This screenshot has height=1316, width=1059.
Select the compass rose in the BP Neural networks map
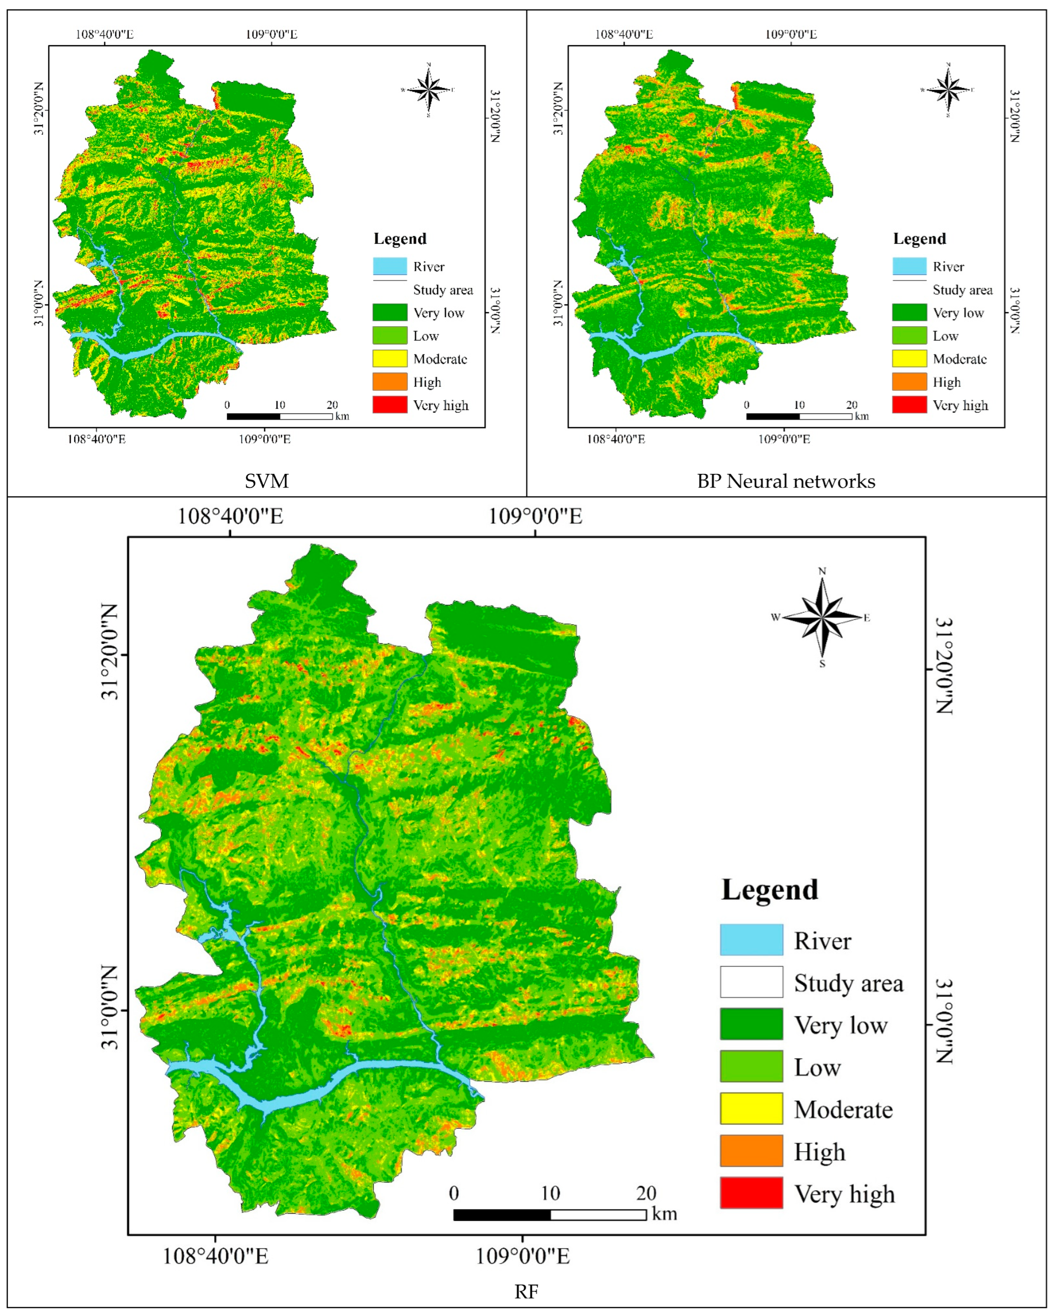click(x=948, y=90)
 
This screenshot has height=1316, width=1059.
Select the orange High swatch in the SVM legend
click(x=389, y=382)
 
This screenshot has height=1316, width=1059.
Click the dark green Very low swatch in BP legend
click(x=909, y=313)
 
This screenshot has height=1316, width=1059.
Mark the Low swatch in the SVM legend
click(x=389, y=336)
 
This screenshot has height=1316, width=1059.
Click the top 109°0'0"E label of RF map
click(x=535, y=516)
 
